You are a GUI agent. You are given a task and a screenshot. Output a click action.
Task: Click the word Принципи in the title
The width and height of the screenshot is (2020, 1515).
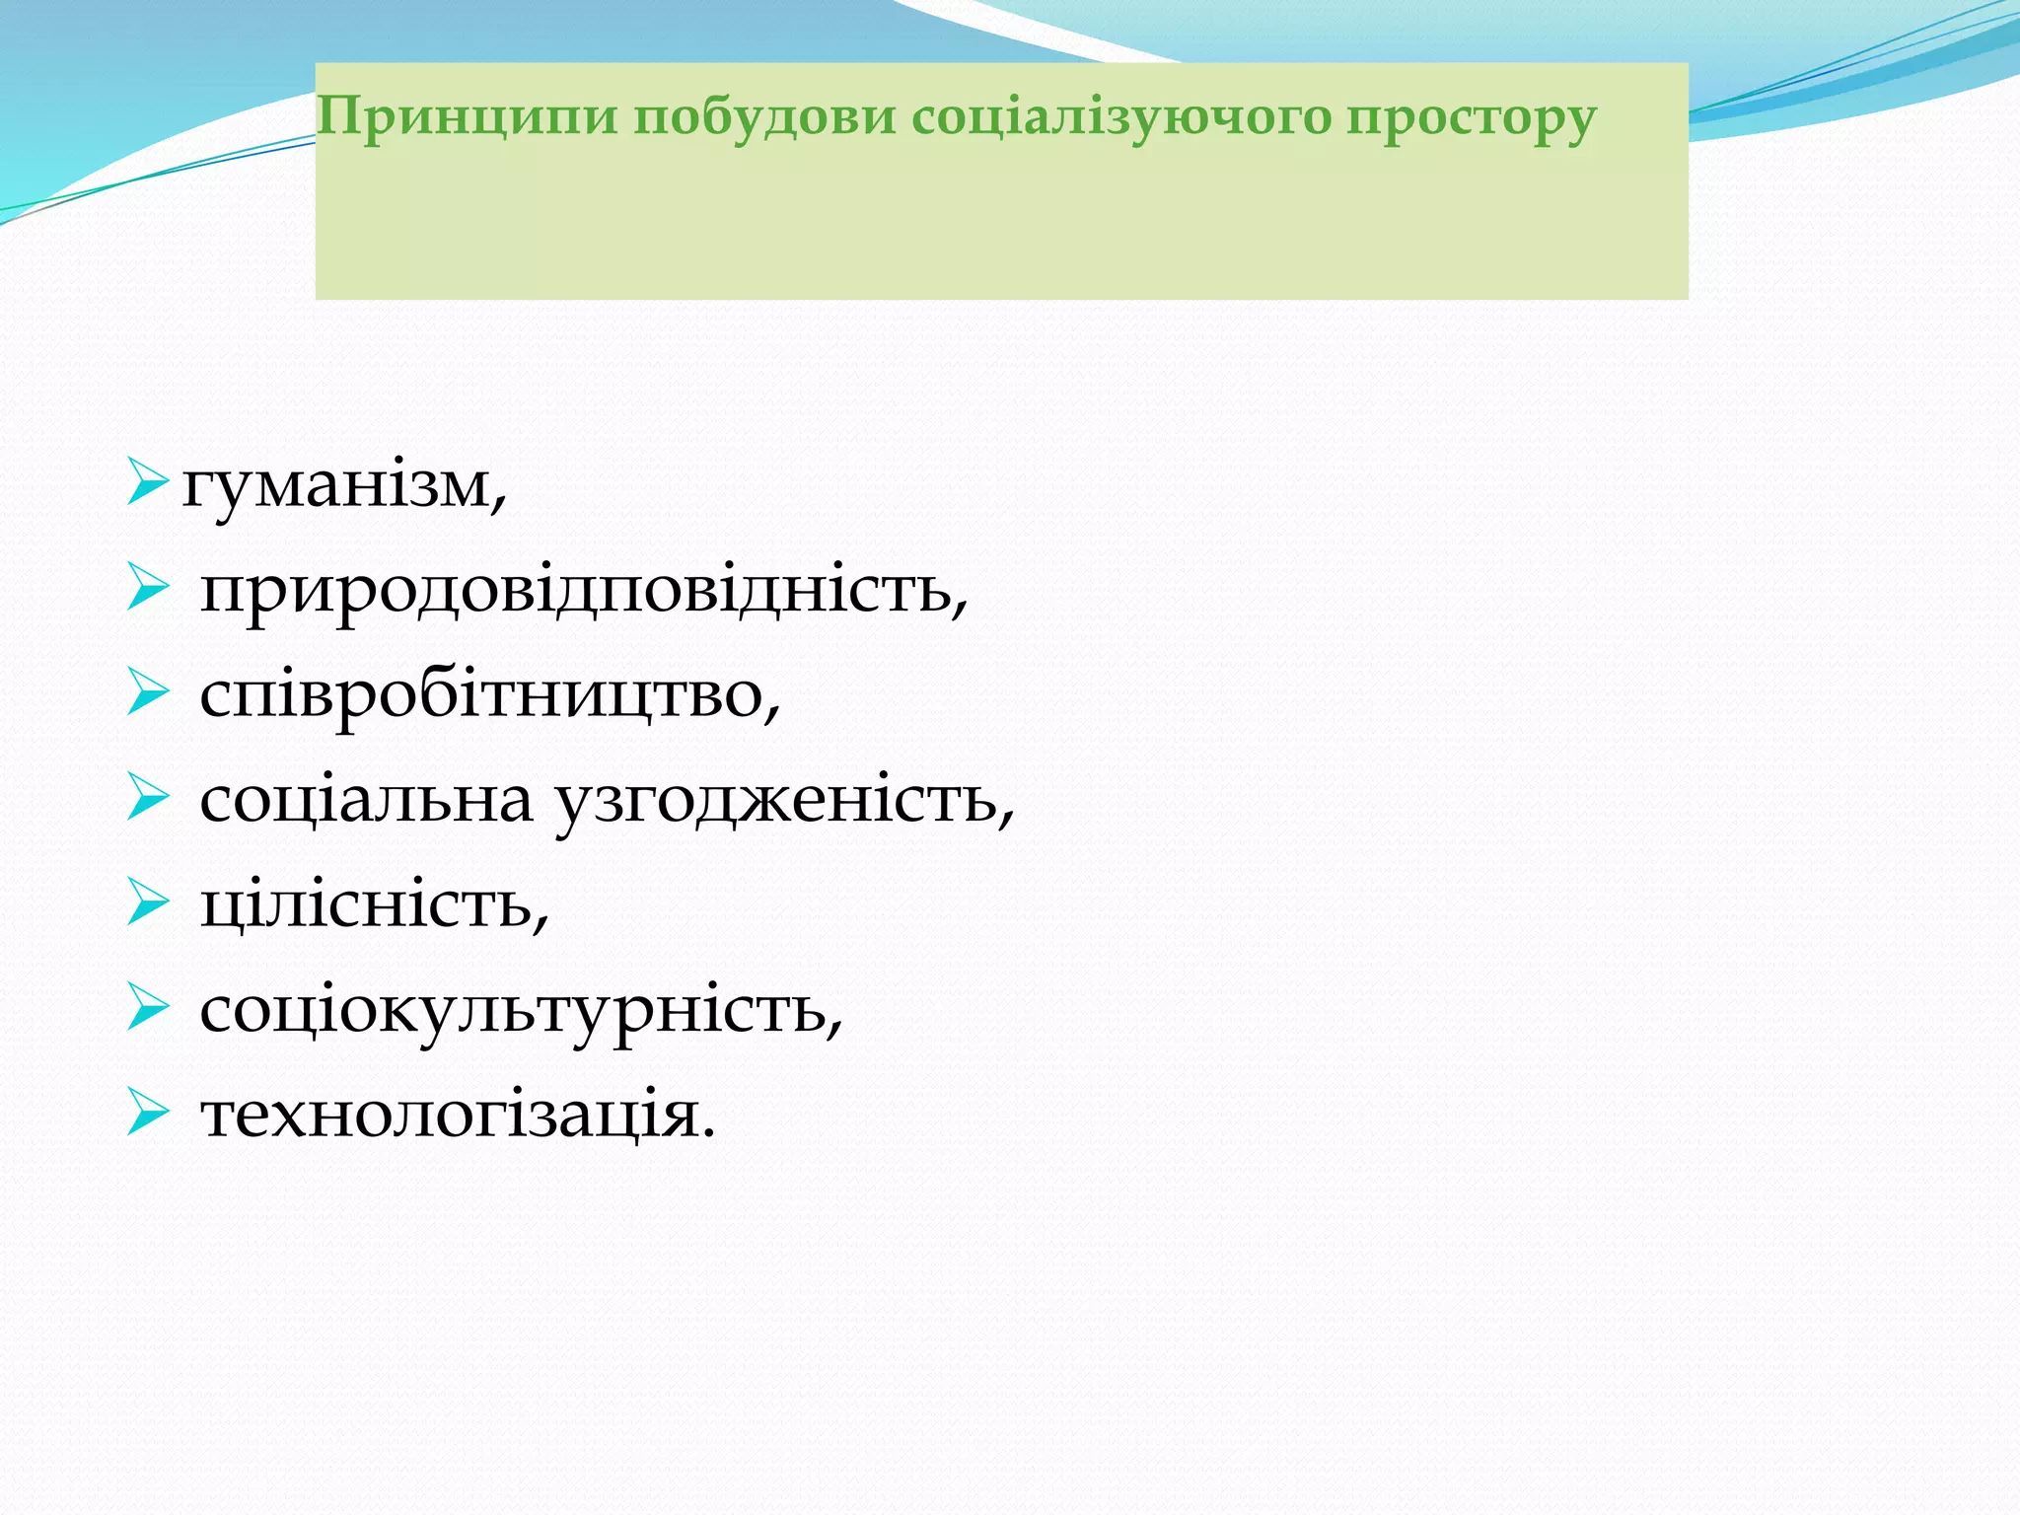point(468,117)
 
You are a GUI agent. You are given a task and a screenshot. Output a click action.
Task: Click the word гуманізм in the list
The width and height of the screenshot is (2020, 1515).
point(336,487)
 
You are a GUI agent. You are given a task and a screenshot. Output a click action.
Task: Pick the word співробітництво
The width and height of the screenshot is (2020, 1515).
point(482,696)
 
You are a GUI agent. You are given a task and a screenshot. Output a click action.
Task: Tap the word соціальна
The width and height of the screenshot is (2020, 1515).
point(366,800)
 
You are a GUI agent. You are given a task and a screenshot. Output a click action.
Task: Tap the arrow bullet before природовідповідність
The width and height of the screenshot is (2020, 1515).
point(148,589)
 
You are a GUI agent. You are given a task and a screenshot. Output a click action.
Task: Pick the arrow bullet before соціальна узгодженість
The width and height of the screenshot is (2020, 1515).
point(148,799)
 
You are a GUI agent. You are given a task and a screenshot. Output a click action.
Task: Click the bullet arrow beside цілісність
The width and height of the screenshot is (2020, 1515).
point(148,903)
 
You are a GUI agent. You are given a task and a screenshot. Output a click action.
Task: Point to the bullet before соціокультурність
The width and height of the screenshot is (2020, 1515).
point(148,1009)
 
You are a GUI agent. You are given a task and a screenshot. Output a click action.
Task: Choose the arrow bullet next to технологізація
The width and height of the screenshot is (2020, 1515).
point(148,1115)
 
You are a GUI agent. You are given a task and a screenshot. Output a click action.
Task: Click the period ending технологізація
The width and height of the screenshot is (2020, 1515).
point(707,1135)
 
